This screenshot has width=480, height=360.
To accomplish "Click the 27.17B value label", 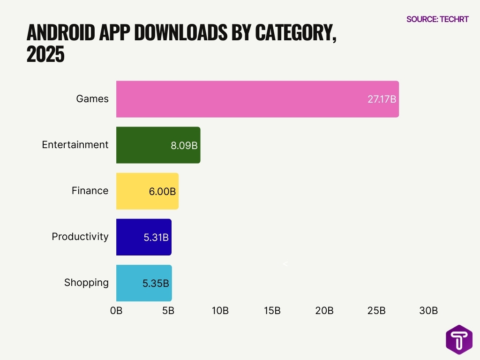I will point(382,99).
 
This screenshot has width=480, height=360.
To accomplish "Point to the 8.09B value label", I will point(184,145).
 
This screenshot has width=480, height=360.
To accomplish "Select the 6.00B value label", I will point(162,191).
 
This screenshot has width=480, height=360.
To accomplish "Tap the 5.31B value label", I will point(156,237).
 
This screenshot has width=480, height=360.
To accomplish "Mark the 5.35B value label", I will point(156,283).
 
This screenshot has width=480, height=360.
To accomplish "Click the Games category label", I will point(92,99).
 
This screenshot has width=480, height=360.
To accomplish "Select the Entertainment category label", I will point(75,145).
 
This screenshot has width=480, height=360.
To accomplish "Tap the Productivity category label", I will point(80,237).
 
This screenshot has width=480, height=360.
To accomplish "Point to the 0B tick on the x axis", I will point(116,310).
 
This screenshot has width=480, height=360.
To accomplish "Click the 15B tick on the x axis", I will point(272,310).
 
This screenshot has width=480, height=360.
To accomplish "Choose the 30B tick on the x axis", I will point(428,310).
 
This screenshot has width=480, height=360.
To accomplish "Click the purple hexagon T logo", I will point(459,339).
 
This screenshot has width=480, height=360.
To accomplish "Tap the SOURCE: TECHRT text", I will point(437,19).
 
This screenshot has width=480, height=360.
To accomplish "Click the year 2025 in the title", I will point(45,55).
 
